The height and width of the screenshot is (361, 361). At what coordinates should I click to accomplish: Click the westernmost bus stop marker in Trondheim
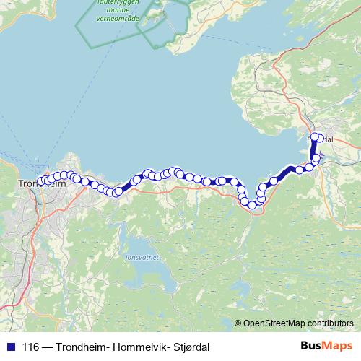(x=40, y=181)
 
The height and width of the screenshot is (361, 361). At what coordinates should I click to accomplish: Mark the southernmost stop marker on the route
(x=252, y=205)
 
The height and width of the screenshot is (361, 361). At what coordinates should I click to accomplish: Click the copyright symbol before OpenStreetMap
(x=238, y=323)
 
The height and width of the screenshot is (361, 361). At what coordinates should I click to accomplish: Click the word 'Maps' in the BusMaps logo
(x=336, y=346)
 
